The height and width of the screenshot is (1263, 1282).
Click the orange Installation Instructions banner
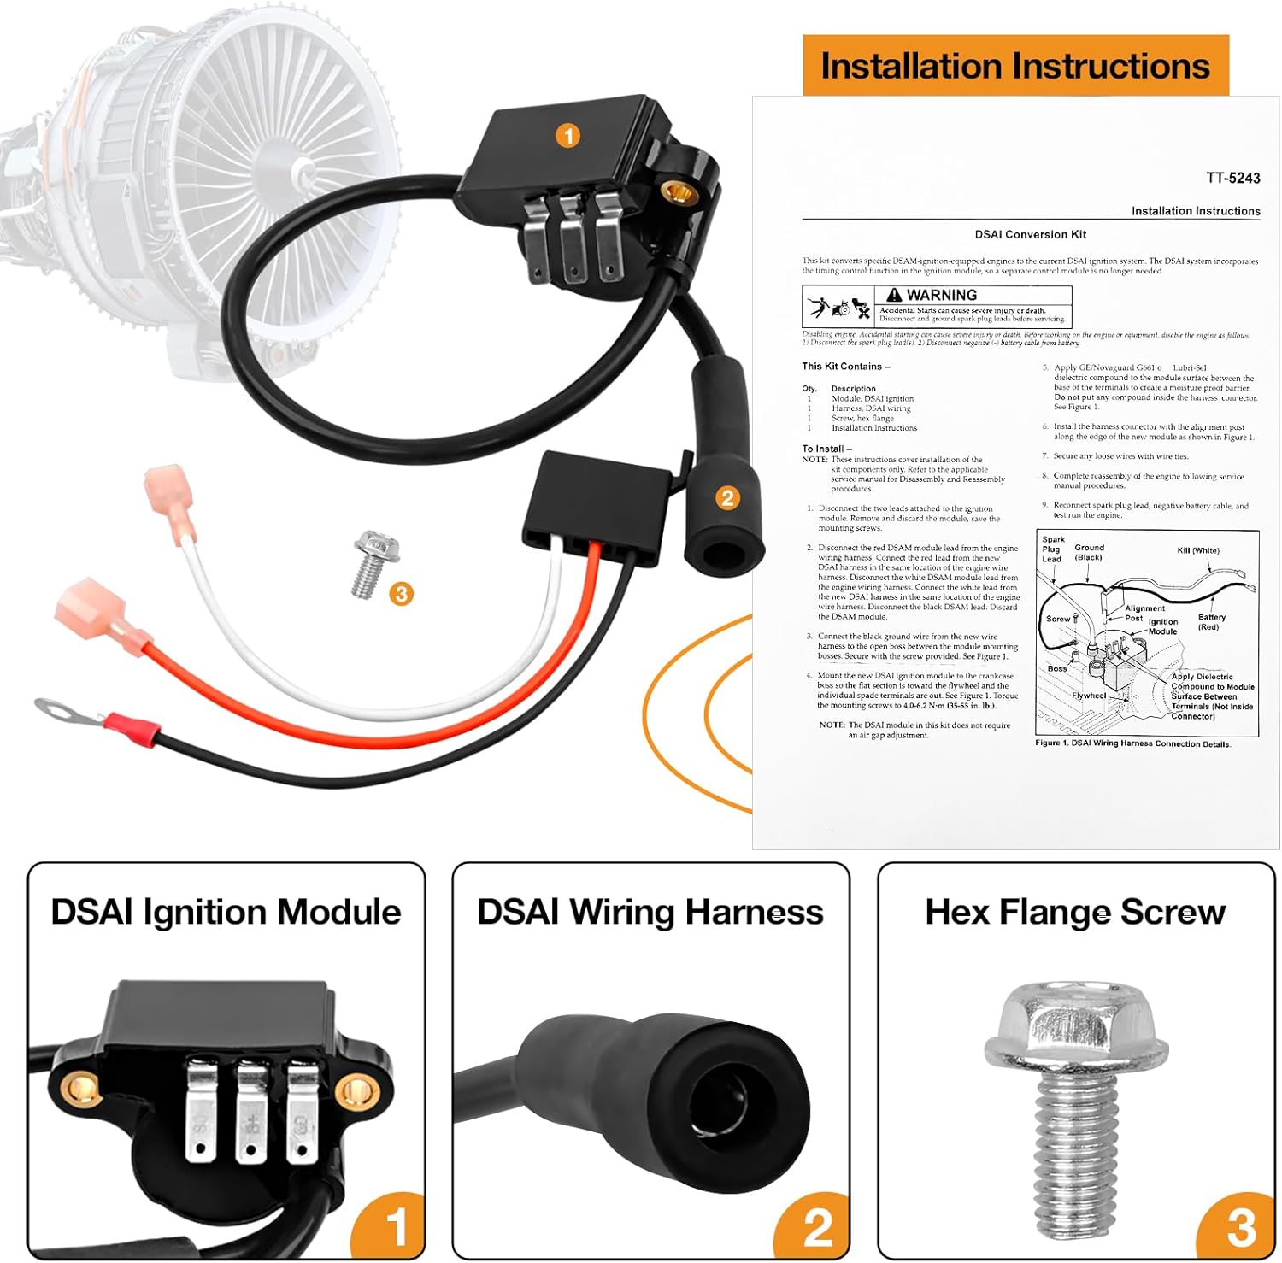point(1014,66)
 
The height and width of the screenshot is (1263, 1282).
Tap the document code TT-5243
point(1232,178)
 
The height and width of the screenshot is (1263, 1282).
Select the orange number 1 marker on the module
point(567,135)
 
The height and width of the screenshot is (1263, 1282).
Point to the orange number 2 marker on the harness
point(727,497)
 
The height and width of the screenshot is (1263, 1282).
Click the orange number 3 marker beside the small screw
point(401,593)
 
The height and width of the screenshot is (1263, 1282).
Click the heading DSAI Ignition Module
point(226,912)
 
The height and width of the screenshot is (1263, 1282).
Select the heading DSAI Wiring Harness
point(650,912)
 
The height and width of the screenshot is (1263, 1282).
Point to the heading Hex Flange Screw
point(1075,912)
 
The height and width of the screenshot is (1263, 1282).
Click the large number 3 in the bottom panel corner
point(1240,1228)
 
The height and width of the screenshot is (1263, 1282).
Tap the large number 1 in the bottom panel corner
point(395,1228)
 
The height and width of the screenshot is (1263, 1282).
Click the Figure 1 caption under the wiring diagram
point(1132,743)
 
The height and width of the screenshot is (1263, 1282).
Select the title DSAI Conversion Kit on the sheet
point(1030,234)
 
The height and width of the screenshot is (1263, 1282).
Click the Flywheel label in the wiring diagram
point(1088,696)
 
